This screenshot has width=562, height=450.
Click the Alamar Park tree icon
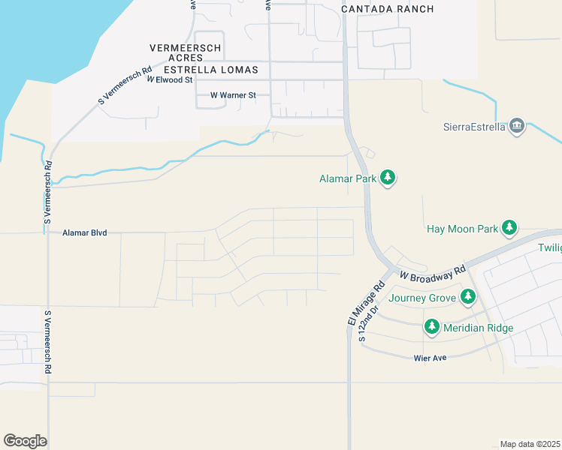pos(388,178)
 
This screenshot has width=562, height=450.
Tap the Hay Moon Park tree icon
pos(509,227)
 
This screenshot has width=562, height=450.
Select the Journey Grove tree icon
pos(468,297)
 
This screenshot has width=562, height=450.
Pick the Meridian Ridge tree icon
pos(431,327)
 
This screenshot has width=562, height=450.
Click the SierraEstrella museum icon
pos(517,125)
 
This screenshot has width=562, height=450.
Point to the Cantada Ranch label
pos(388,9)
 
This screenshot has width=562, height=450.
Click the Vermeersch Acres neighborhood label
pos(185,52)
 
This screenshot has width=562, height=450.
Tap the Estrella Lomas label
pos(210,70)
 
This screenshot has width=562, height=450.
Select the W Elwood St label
pos(170,79)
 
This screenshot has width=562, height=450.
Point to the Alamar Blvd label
pos(85,233)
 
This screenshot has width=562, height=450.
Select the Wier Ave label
pos(431,358)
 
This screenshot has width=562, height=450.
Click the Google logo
pos(25,441)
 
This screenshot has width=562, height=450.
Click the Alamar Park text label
pos(346,178)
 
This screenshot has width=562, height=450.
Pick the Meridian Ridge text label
pos(479,328)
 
